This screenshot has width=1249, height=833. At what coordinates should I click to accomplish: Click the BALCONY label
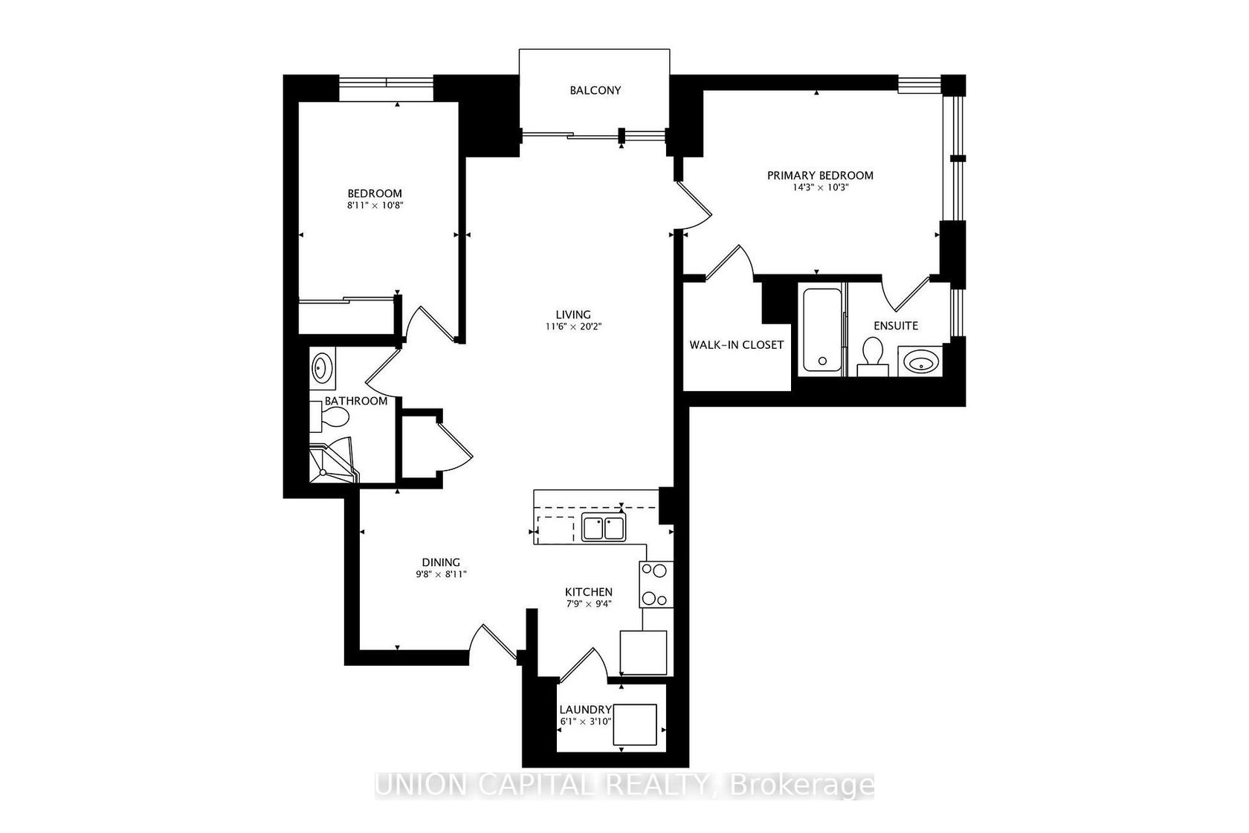[595, 91]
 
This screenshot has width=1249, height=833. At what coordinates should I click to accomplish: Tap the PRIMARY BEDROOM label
[820, 176]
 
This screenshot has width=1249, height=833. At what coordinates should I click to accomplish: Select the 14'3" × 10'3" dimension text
[820, 188]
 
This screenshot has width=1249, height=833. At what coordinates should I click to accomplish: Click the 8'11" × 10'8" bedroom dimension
[375, 205]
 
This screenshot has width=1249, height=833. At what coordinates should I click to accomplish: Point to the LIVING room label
[573, 315]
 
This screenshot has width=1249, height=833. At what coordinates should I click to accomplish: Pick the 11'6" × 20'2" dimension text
[573, 327]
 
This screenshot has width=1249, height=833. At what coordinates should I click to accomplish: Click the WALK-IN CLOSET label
[737, 345]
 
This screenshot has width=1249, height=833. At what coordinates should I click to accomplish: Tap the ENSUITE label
[895, 326]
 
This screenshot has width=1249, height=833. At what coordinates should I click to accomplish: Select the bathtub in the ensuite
[822, 329]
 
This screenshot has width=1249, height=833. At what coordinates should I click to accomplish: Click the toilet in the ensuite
[873, 358]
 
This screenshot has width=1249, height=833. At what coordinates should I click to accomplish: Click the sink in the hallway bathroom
[323, 368]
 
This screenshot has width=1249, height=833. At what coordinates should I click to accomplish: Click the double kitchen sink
[604, 527]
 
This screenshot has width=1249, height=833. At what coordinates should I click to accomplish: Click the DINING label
[440, 562]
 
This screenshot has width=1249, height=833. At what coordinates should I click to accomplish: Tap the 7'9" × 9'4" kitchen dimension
[589, 603]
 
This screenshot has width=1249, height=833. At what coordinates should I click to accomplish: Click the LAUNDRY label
[586, 710]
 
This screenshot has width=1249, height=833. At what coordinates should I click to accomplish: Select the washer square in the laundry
[635, 724]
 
